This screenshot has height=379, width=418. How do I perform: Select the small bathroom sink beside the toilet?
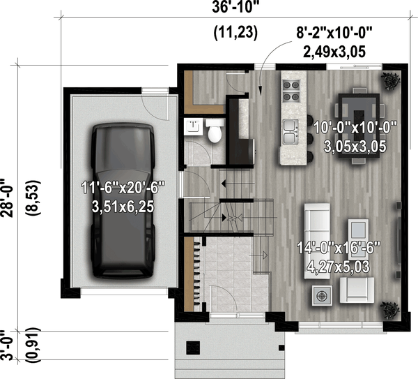[191, 126]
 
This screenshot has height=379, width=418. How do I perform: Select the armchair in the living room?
[357, 290]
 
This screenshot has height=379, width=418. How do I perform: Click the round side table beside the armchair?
[322, 296]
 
